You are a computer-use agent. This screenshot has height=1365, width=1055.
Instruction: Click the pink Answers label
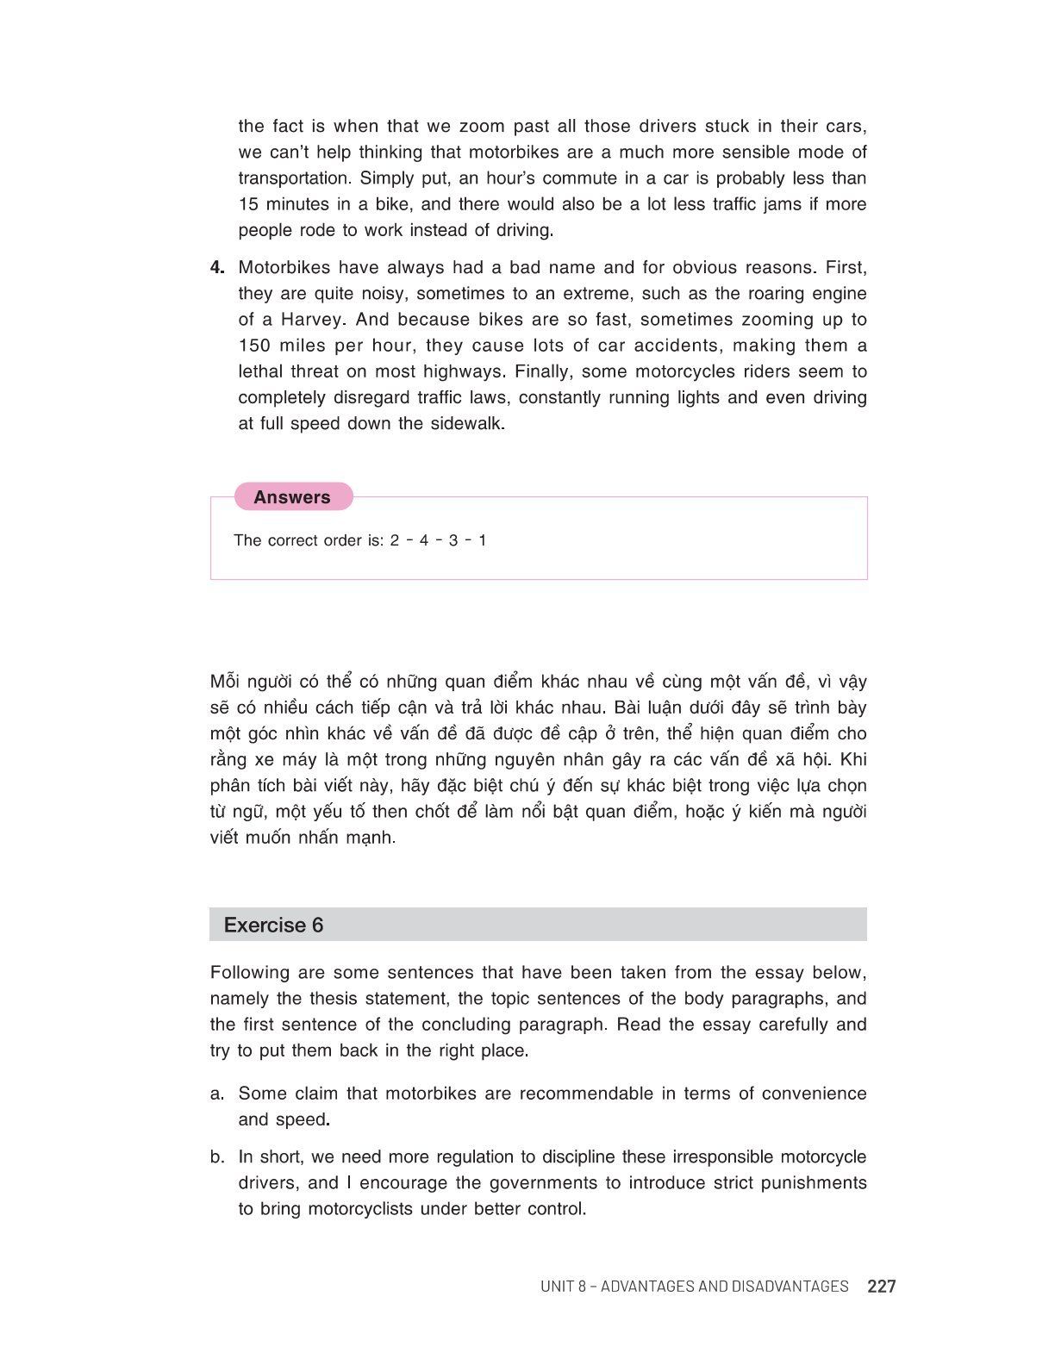[292, 497]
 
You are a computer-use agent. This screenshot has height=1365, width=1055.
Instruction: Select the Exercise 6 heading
[273, 925]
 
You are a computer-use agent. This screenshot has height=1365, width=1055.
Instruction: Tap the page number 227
[882, 1287]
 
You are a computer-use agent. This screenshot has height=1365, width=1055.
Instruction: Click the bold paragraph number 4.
[217, 267]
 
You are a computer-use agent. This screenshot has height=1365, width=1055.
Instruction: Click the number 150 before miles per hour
[254, 346]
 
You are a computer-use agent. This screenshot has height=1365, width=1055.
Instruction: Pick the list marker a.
[217, 1094]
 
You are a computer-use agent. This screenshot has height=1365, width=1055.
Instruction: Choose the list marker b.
[217, 1157]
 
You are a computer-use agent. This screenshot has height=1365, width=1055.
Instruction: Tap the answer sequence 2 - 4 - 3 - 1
[438, 540]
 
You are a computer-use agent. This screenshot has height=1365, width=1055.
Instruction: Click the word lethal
[262, 371]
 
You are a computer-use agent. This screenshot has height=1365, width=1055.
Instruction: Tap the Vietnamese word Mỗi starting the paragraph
[227, 682]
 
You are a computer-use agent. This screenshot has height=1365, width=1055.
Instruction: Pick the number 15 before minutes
[249, 204]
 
